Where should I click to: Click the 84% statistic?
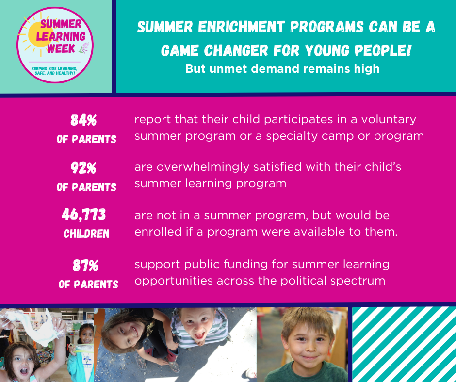pos(83,120)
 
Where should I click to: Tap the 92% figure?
pos(83,168)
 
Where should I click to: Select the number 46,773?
pos(83,215)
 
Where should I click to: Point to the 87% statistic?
pos(86,265)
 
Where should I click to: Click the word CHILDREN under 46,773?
pos(86,234)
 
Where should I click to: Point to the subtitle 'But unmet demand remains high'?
pos(282,69)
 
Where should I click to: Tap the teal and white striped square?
pos(404,344)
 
